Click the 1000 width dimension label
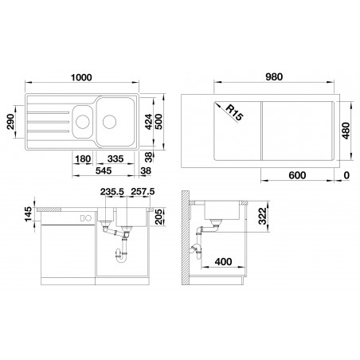click(x=81, y=77)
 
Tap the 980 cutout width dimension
click(x=274, y=76)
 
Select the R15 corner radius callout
click(x=234, y=112)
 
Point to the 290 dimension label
click(x=10, y=122)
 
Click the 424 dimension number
click(x=148, y=122)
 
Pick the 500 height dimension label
click(x=158, y=122)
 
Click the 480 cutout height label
click(x=346, y=131)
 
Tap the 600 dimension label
click(x=297, y=175)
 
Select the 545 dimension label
click(x=104, y=170)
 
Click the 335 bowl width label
click(x=115, y=158)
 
